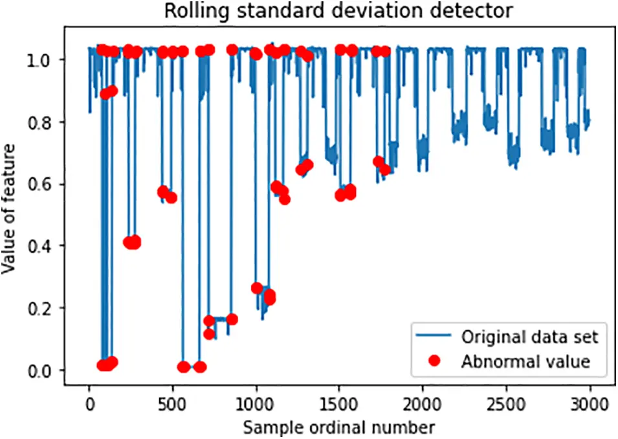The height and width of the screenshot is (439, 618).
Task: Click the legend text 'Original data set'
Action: point(529,337)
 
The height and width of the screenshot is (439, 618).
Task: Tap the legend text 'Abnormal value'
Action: point(525,361)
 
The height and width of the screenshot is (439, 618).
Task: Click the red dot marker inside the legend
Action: point(434,361)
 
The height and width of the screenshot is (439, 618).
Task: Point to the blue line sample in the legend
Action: point(434,337)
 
